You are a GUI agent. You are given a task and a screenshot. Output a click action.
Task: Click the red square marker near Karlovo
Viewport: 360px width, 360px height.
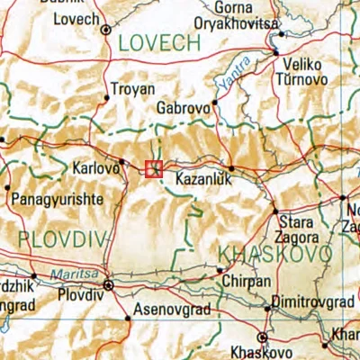154,168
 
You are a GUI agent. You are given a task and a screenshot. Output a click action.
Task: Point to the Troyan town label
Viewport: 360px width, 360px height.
131,89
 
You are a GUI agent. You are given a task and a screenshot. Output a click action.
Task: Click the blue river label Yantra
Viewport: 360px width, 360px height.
230,84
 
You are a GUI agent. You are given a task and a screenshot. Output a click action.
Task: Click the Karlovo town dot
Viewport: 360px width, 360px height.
121,162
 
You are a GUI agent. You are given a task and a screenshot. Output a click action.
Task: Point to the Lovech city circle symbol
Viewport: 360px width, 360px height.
106,30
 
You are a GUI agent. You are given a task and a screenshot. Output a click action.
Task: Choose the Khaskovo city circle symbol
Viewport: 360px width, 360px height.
262,337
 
